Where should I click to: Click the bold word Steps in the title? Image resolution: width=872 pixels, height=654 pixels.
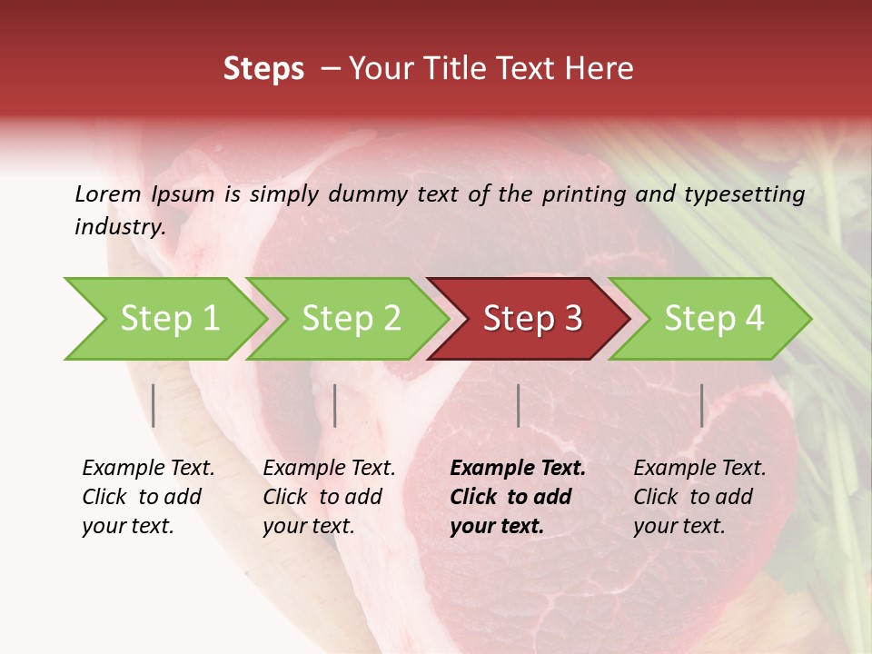click(x=263, y=69)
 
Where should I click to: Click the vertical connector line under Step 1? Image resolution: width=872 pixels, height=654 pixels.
click(x=154, y=405)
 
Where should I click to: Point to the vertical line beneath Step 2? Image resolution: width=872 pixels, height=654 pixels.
click(x=335, y=405)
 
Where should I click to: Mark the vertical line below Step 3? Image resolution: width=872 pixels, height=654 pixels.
click(x=519, y=405)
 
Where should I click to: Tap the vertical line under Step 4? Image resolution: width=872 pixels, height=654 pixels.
click(x=702, y=405)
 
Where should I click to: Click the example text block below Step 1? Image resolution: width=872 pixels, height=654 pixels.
click(x=148, y=497)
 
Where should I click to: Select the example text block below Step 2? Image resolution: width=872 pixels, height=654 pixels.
click(x=329, y=497)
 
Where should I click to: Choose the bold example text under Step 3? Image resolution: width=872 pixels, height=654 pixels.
click(x=518, y=497)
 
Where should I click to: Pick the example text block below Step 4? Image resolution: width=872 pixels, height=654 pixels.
click(x=699, y=497)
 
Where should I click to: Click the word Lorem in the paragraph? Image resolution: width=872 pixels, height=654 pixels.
click(x=107, y=193)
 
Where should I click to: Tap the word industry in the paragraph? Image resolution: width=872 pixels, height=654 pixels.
click(x=120, y=227)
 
